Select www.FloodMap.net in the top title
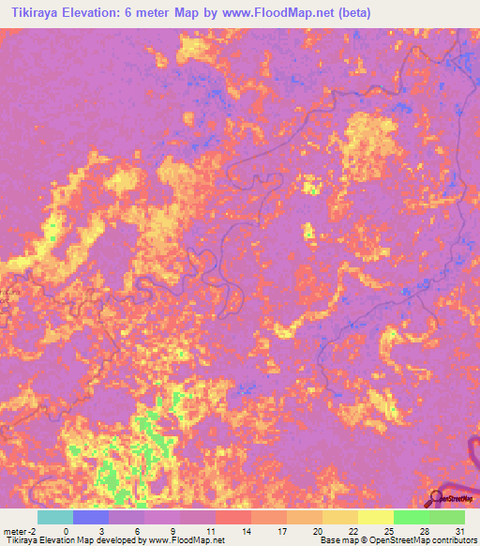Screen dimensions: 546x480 coord(280,13)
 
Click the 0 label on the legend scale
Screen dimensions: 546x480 coord(66,530)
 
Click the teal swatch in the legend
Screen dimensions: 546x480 coord(54,517)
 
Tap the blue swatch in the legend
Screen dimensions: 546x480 coord(90,517)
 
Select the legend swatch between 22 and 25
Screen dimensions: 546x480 coord(375,517)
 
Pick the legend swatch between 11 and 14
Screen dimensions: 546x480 coord(232,517)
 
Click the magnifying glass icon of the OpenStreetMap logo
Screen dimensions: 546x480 coord(436,497)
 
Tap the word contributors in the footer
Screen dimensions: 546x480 coord(452,540)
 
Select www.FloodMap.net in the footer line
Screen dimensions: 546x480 coord(188,540)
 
